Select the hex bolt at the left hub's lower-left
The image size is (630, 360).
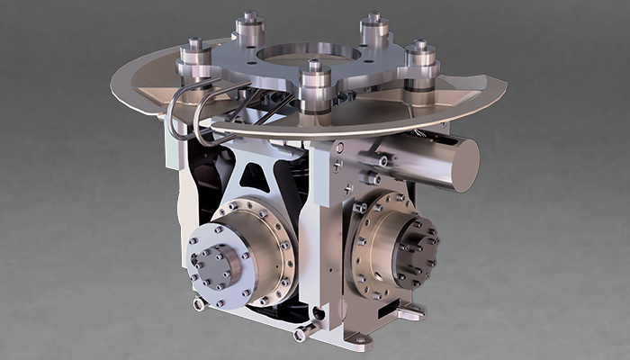coord(199,303)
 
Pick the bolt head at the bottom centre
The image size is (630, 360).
coord(301,334)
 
